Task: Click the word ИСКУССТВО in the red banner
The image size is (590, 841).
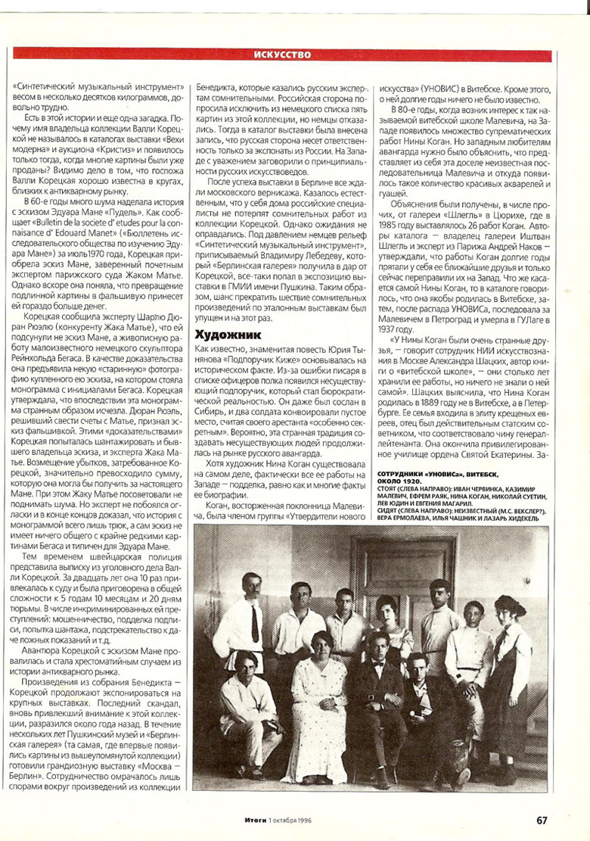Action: [x=283, y=55]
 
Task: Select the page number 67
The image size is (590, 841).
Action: [x=542, y=821]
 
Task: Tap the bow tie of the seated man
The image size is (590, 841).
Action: [x=379, y=666]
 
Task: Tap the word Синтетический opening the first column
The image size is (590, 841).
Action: [x=47, y=87]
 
